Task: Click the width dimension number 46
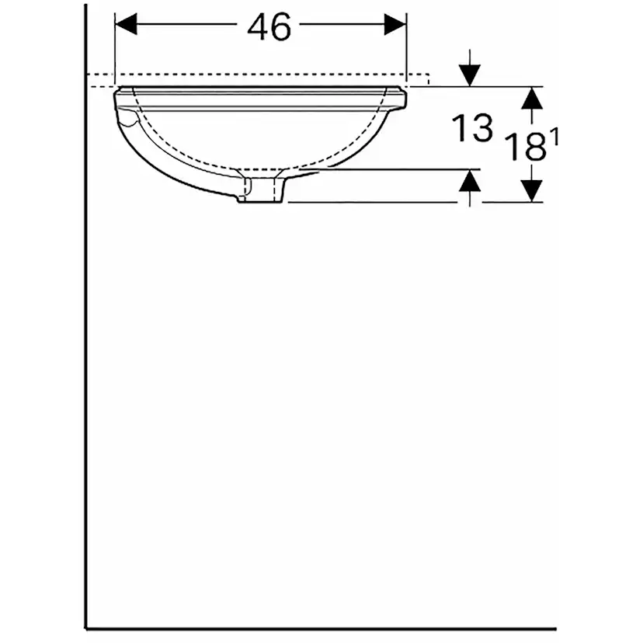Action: pos(269,27)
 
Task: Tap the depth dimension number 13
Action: pos(473,127)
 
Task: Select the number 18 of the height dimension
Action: pos(525,147)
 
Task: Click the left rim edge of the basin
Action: pos(118,96)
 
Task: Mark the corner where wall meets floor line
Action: pos(85,627)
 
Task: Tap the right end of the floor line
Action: pos(555,627)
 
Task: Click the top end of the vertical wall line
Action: pos(85,6)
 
